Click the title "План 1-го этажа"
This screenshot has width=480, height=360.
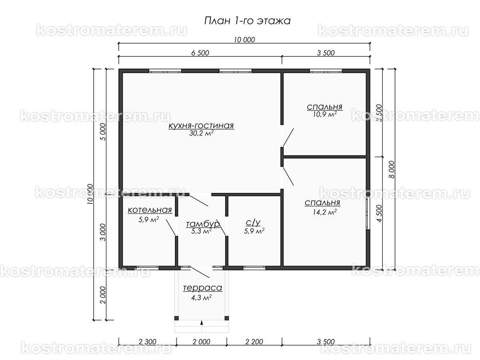(247, 20)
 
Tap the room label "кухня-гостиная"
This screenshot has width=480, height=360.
(201, 126)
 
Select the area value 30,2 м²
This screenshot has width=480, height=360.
(201, 134)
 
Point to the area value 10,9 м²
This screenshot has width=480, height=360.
(324, 114)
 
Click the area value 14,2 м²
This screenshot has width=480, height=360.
(324, 212)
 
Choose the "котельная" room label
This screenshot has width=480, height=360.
(150, 210)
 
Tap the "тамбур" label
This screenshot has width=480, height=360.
(203, 224)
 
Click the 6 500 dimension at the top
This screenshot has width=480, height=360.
(200, 52)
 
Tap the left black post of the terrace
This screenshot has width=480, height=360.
(176, 318)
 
